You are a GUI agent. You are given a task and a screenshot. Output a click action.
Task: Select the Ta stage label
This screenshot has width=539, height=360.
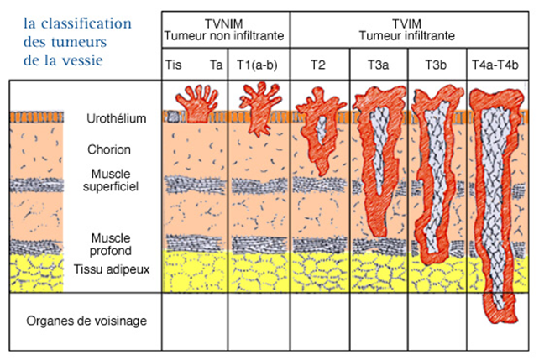point(216,65)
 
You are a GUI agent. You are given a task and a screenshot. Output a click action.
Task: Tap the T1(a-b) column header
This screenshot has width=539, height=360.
point(259,65)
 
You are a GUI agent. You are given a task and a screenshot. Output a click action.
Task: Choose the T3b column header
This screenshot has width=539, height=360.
point(437,65)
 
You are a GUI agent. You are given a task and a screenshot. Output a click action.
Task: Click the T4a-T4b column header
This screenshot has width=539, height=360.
point(499,65)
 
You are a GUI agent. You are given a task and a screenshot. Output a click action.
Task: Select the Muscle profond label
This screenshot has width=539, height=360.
point(111,244)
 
